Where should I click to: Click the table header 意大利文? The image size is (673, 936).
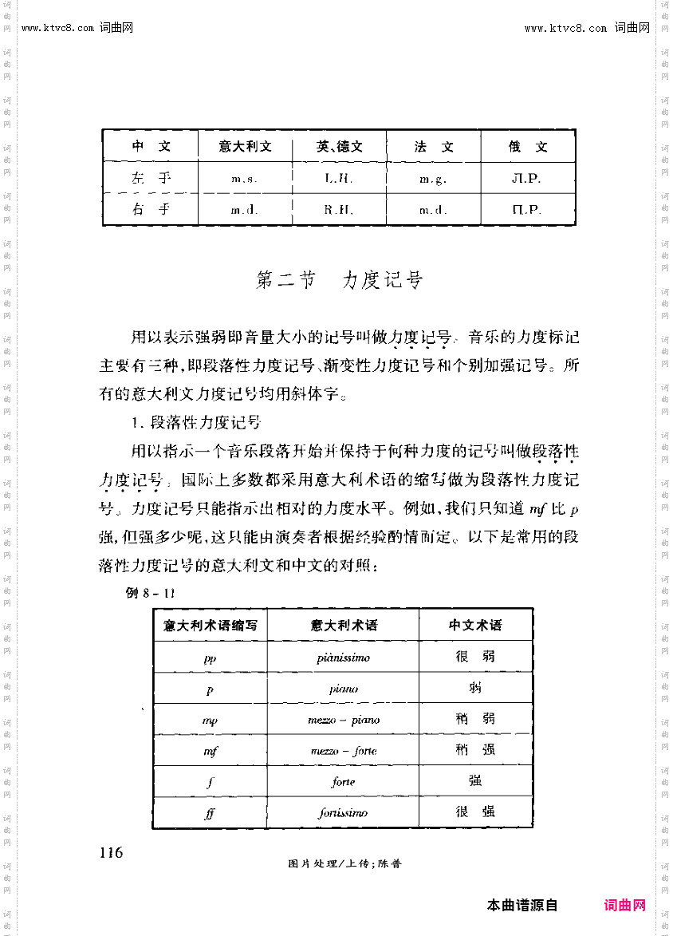245,147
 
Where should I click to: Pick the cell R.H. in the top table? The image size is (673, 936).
338,211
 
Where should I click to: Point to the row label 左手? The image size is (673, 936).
151,178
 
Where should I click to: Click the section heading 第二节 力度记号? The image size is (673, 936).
338,280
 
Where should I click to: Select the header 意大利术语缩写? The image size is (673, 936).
210,625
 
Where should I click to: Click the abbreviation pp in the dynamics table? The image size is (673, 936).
210,658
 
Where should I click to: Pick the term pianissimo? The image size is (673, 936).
343,658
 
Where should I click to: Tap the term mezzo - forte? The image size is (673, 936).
343,751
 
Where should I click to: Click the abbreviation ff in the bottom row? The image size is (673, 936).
210,813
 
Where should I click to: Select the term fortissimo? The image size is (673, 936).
343,813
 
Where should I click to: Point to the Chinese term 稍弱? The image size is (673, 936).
475,719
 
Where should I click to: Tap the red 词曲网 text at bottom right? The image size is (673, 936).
624,906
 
